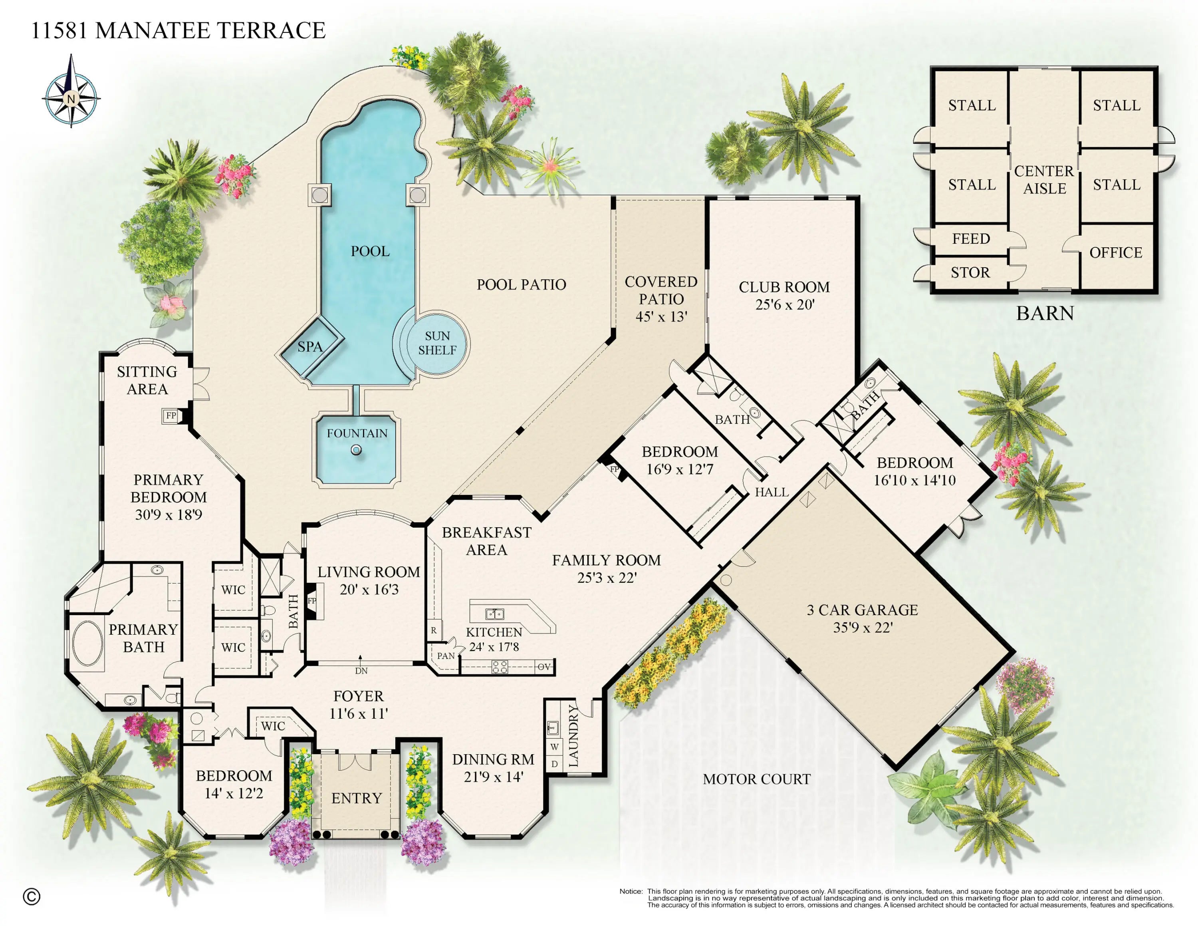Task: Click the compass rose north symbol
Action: coord(71,99)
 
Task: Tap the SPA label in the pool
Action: coord(310,347)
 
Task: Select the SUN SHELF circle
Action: coord(438,343)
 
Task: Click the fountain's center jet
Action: coord(357,450)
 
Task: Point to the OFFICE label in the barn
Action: coord(1116,252)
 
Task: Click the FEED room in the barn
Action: coord(971,238)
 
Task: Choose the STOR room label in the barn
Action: coord(970,272)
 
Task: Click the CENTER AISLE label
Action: coord(1044,180)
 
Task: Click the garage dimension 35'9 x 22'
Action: coord(863,627)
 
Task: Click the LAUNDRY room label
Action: coord(573,735)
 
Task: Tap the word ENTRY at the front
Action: coord(357,798)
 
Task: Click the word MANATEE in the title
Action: coord(151,30)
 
